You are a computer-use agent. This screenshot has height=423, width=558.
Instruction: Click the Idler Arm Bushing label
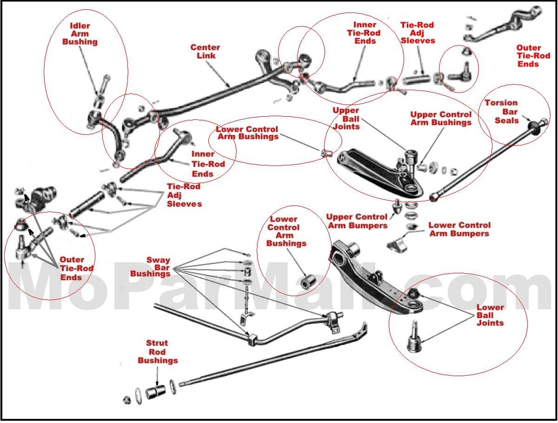pyautogui.click(x=80, y=34)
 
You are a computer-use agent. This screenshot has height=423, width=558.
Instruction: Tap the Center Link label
pyautogui.click(x=205, y=52)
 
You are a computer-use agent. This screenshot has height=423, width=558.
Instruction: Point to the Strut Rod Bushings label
pyautogui.click(x=158, y=352)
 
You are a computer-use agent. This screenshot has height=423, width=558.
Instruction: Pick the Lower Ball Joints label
pyautogui.click(x=490, y=315)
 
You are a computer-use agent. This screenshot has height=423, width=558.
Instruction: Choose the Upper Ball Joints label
pyautogui.click(x=346, y=119)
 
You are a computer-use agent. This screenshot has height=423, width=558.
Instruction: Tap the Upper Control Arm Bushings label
pyautogui.click(x=441, y=119)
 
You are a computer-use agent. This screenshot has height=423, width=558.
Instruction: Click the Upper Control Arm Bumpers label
pyautogui.click(x=357, y=221)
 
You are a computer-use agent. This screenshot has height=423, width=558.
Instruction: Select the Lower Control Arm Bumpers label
pyautogui.click(x=459, y=229)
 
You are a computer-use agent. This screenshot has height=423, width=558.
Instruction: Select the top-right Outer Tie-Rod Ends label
pyautogui.click(x=533, y=56)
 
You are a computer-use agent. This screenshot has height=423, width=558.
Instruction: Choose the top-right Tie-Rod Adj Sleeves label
pyautogui.click(x=418, y=33)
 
